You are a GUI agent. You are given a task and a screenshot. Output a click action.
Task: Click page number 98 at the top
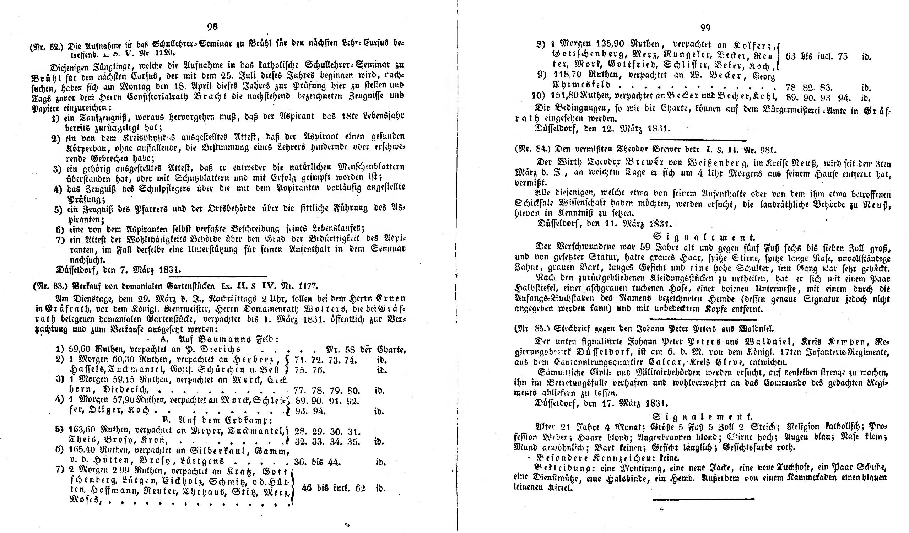click(x=212, y=27)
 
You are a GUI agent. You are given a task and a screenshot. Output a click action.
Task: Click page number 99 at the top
click(x=705, y=28)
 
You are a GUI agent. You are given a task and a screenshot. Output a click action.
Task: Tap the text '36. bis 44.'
click(x=318, y=462)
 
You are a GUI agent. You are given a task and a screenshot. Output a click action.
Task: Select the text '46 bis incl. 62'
click(x=333, y=488)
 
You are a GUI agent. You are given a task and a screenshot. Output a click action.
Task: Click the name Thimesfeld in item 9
click(x=581, y=86)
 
